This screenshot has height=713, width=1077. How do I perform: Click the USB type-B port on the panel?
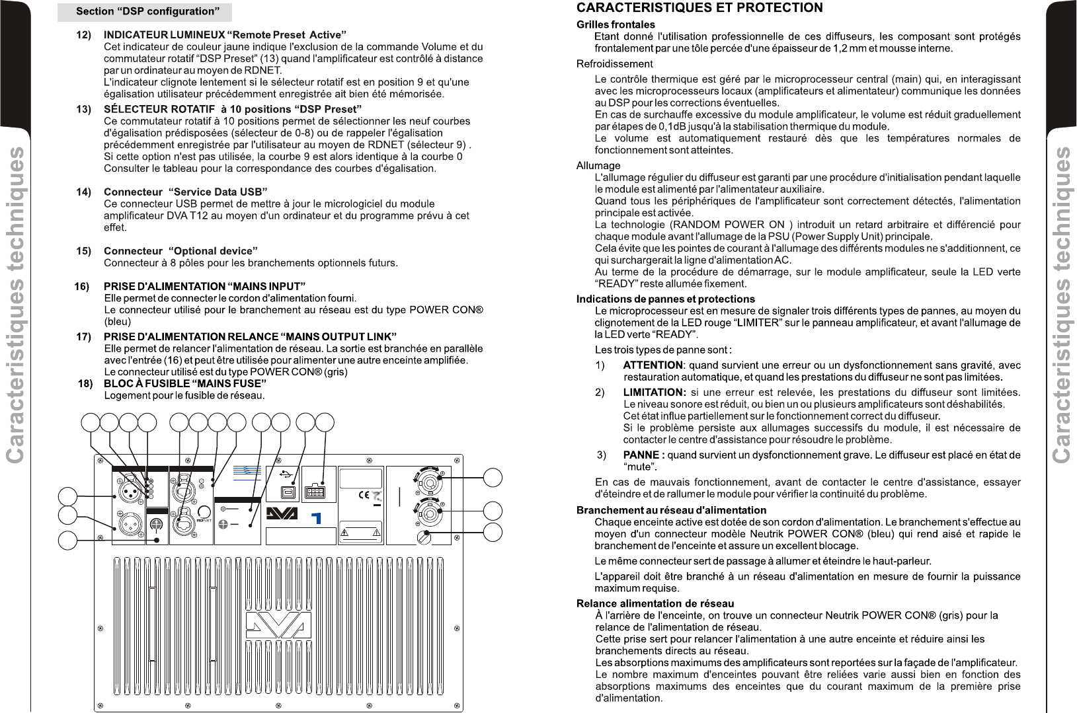[x=288, y=492]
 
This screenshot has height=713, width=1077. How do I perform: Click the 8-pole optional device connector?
[x=315, y=491]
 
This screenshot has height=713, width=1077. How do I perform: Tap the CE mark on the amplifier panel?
[x=363, y=495]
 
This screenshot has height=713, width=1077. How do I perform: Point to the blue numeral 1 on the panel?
[x=316, y=517]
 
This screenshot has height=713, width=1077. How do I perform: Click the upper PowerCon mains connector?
[x=428, y=482]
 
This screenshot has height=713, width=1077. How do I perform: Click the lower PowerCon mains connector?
[x=428, y=512]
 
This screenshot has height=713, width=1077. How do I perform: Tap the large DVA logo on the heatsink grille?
[x=278, y=625]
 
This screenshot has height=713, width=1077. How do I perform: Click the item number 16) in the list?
[x=82, y=286]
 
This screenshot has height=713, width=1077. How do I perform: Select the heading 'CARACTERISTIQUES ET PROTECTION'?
[x=699, y=8]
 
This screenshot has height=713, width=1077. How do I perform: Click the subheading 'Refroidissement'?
[x=614, y=64]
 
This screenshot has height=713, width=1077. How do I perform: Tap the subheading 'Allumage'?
[x=598, y=166]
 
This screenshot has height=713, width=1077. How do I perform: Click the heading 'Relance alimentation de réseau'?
[x=655, y=603]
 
